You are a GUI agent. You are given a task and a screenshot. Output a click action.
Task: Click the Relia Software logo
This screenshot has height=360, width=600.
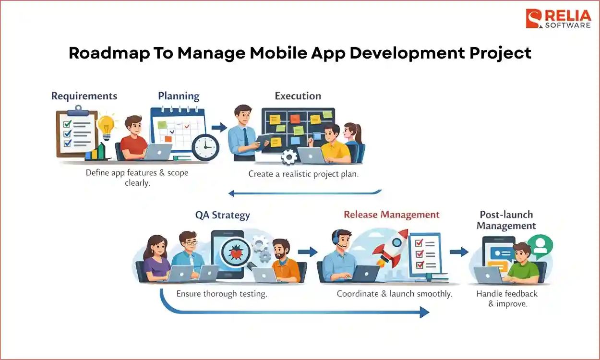point(558,19)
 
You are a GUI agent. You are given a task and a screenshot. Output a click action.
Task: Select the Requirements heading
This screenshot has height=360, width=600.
point(84,96)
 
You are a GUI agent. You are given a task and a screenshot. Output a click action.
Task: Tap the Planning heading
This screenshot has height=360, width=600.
point(179,96)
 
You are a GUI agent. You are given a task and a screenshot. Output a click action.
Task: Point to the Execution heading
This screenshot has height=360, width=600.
point(298,96)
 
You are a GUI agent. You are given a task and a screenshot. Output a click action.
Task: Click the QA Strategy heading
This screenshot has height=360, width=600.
point(222,215)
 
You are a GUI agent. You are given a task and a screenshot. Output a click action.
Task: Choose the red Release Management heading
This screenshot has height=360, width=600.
point(391,215)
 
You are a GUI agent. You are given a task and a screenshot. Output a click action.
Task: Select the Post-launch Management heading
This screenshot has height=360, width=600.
point(506,220)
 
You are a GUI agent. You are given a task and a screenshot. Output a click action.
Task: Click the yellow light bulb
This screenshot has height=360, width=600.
point(106,126)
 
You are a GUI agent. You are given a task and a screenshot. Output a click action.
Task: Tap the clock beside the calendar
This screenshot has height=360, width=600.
point(205,146)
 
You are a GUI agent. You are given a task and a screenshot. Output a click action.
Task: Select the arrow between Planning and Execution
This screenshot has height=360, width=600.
point(219,127)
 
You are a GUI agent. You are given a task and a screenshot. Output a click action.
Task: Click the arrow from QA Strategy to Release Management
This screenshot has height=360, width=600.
point(307,252)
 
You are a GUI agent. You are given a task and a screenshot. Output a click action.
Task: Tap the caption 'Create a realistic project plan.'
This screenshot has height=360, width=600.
point(303,174)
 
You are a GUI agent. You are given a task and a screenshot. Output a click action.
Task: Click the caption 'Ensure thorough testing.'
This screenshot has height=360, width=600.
point(221,294)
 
